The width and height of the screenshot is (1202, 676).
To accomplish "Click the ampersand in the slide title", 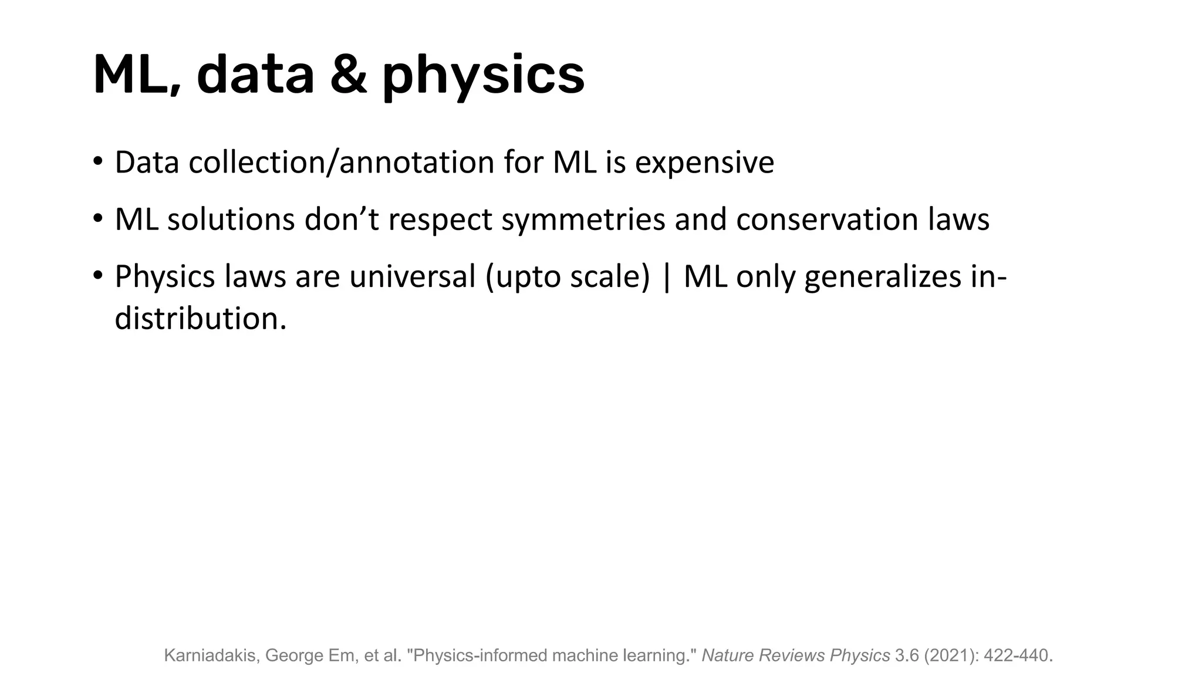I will pyautogui.click(x=349, y=75).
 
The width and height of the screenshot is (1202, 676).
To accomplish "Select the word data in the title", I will pyautogui.click(x=255, y=75).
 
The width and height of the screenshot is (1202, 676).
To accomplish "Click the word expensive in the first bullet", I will pyautogui.click(x=704, y=163).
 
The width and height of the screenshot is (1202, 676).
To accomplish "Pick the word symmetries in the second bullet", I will pyautogui.click(x=583, y=220).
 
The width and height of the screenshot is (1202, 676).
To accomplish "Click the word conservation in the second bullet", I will pyautogui.click(x=828, y=219).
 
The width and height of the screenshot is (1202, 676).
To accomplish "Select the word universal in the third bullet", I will pyautogui.click(x=412, y=276).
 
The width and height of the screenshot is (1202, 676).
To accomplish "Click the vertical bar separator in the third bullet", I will pyautogui.click(x=666, y=276).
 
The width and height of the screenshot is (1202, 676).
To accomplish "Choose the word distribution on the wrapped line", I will pyautogui.click(x=200, y=319).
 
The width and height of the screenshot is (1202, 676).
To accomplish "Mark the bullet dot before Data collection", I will pyautogui.click(x=97, y=161).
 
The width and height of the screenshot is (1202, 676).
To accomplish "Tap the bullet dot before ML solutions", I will pyautogui.click(x=97, y=219).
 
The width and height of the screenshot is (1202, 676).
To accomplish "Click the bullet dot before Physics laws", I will pyautogui.click(x=97, y=276).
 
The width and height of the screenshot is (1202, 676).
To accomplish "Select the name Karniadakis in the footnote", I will pyautogui.click(x=211, y=655).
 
